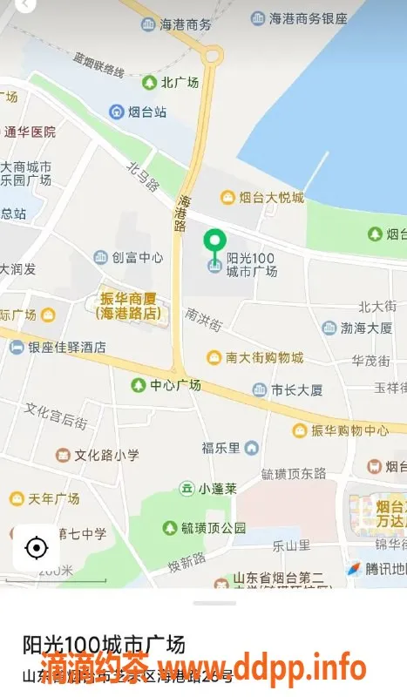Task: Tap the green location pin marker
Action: click(214, 240)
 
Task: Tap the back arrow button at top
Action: click(26, 5)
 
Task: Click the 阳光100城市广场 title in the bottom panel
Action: click(104, 646)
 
